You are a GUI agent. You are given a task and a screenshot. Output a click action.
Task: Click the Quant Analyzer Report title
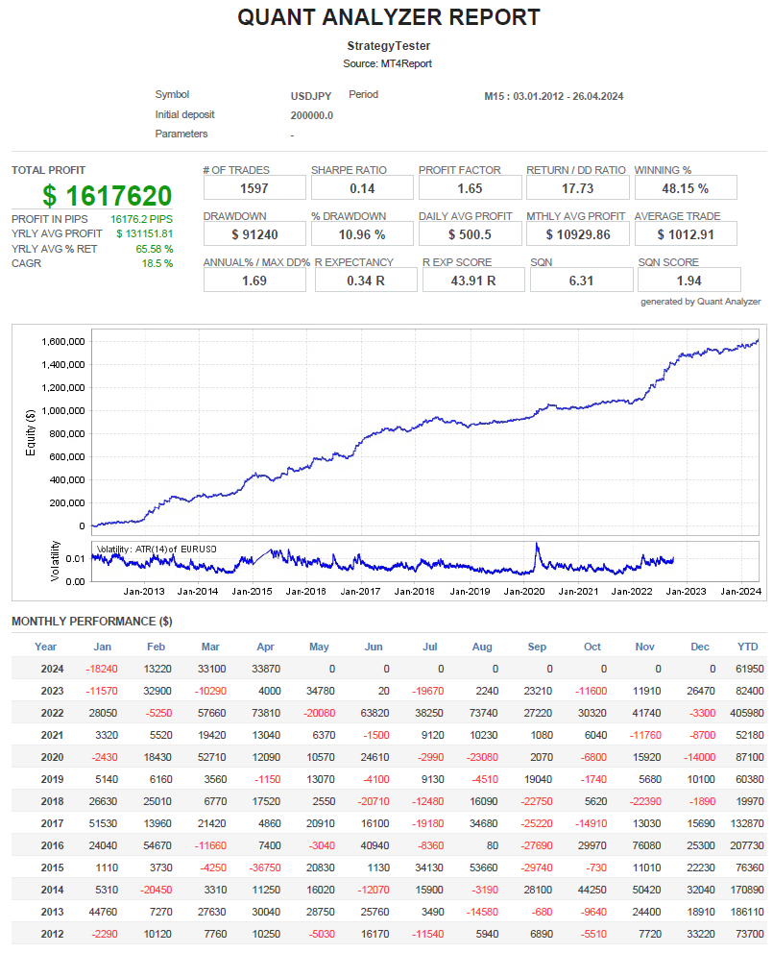[x=388, y=17]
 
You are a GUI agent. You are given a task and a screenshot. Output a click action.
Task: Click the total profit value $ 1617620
[x=108, y=196]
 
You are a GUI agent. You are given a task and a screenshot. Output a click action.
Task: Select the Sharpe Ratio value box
[x=362, y=188]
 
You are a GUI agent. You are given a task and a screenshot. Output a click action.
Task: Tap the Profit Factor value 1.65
[x=470, y=188]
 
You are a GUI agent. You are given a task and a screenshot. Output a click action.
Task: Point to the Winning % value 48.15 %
[x=686, y=188]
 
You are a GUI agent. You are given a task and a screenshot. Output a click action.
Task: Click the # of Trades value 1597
[x=254, y=188]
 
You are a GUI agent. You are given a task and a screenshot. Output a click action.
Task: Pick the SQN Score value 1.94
[x=688, y=281]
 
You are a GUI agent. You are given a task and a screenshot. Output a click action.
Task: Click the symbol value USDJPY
[x=311, y=96]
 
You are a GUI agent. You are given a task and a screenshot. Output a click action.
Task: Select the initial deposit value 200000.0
[x=311, y=115]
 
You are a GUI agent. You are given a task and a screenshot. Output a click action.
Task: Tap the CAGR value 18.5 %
[x=157, y=263]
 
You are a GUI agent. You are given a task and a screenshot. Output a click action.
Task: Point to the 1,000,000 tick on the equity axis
[x=64, y=410]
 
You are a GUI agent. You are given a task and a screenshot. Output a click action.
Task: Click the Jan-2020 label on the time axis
[x=525, y=592]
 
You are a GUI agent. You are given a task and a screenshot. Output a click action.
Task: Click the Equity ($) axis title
[x=31, y=432]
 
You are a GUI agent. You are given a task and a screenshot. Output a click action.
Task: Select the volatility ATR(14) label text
[x=156, y=550]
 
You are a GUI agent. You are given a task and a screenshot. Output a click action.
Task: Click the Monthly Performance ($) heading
[x=92, y=622]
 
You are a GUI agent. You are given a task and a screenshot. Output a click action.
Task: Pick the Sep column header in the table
[x=538, y=647]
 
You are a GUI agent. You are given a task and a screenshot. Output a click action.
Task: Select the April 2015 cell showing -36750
[x=265, y=867]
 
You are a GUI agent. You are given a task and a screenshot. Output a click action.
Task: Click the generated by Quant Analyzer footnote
[x=700, y=302]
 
